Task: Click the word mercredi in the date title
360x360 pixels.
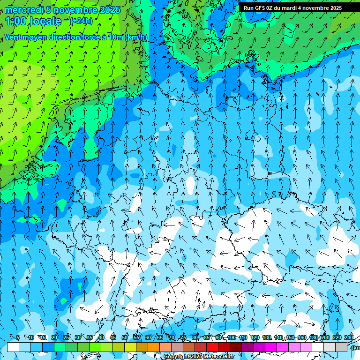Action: pos(23,10)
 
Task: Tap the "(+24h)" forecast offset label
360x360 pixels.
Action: pos(81,21)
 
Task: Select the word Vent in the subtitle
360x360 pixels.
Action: pos(13,37)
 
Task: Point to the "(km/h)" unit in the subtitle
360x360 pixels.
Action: pos(136,37)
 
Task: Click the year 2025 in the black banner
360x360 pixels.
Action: pos(333,8)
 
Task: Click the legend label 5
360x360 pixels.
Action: pos(18,337)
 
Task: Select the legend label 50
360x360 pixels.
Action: pos(125,337)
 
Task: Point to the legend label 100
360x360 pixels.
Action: pos(232,337)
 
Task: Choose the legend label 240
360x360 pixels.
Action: pos(348,337)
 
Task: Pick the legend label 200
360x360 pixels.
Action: pos(325,337)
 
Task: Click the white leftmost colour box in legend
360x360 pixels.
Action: pos(13,347)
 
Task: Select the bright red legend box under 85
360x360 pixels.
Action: pos(212,347)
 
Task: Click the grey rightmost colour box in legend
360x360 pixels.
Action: pos(341,347)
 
